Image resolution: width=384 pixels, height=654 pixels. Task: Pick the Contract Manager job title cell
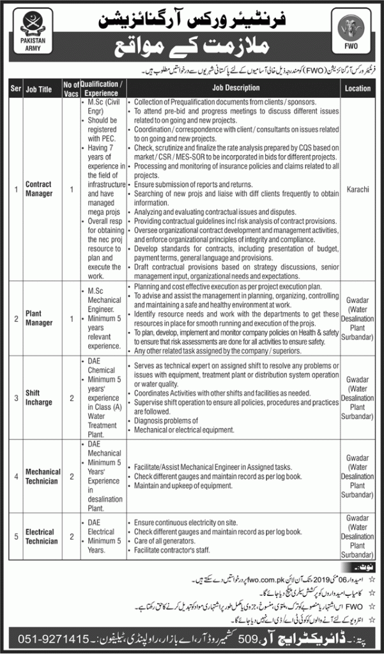tap(39, 188)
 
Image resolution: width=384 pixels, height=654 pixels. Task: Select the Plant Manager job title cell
tap(39, 318)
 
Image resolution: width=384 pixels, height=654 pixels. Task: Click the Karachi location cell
tap(357, 188)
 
